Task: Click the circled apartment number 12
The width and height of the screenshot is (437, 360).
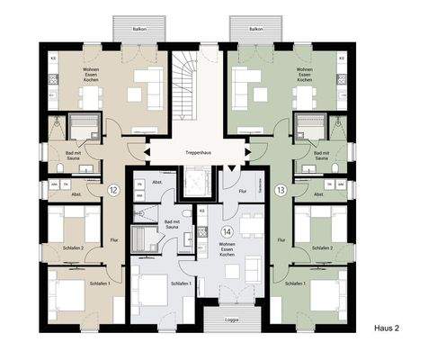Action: click(x=113, y=191)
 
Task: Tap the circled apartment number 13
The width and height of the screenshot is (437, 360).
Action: click(x=281, y=191)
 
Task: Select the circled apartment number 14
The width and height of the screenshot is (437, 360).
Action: click(x=227, y=231)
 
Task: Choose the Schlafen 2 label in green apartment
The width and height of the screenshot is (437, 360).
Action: click(x=321, y=247)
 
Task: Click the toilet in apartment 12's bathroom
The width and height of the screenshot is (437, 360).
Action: click(x=61, y=167)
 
